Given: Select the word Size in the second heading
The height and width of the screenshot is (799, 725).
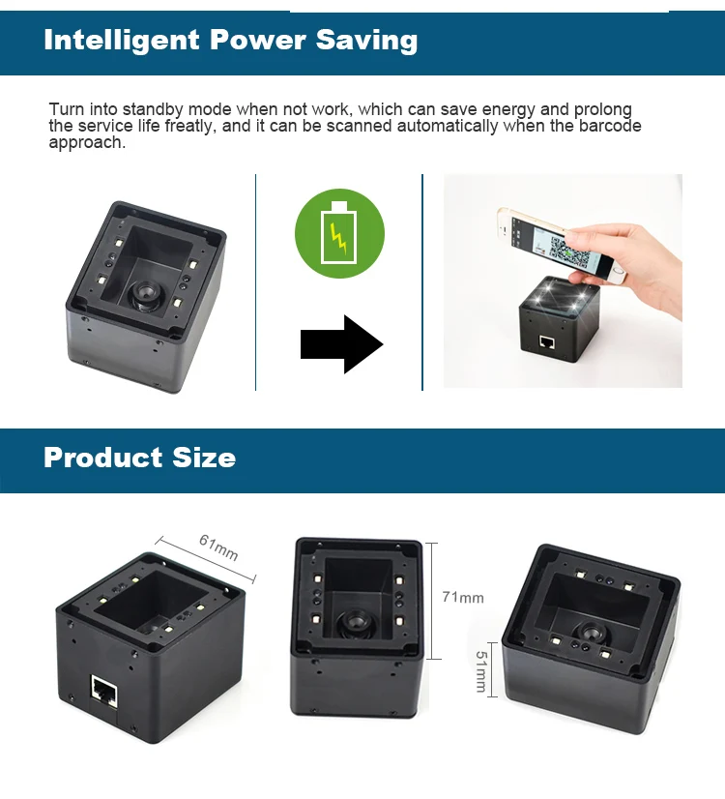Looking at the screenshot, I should click(204, 457).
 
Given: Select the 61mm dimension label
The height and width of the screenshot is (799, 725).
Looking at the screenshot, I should click(218, 548).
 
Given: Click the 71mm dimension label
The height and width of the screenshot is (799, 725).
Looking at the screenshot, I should click(462, 598).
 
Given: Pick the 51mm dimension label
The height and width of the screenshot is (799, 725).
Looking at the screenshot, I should click(480, 668).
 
